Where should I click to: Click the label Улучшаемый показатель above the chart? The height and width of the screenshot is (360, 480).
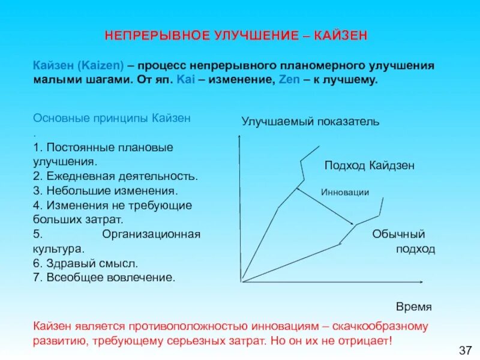click(x=310, y=122)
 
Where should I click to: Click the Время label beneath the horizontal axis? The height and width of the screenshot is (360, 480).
click(x=413, y=307)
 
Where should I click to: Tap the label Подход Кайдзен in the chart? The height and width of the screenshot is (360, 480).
click(x=370, y=166)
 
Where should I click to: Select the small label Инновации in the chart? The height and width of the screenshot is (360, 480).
click(x=345, y=192)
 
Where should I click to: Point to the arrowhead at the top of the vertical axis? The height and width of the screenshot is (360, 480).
click(x=240, y=139)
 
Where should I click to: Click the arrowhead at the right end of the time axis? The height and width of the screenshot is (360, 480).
click(x=424, y=281)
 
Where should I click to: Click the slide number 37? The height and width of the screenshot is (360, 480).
click(x=465, y=349)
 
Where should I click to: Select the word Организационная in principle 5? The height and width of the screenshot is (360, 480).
click(x=151, y=234)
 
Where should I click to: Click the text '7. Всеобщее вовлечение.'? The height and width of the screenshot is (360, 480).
click(x=104, y=278)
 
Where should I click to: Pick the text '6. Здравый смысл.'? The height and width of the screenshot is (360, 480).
click(x=86, y=263)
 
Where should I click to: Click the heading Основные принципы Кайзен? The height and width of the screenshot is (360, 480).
click(x=112, y=118)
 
